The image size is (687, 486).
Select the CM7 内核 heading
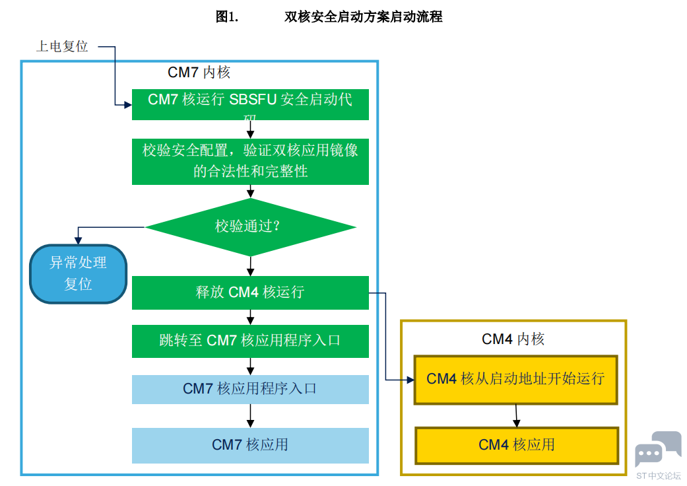pos(199,72)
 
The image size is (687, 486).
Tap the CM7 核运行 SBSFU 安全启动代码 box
pos(250,104)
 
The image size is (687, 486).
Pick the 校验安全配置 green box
pos(250,160)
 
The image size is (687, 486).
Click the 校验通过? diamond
pos(250,227)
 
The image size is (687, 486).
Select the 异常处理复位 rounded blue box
pos(78,273)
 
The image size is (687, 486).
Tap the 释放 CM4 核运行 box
pos(250,293)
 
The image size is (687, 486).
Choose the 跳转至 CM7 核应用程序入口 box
pos(250,341)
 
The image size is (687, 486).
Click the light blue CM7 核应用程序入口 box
pos(250,389)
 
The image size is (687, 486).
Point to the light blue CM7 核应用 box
pos(250,445)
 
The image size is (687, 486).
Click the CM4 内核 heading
pos(513,339)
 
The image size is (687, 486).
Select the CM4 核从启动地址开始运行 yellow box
pos(515,379)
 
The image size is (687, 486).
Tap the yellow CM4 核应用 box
pos(517,445)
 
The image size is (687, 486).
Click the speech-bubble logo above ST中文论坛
pos(657,448)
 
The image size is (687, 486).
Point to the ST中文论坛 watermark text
pos(658,475)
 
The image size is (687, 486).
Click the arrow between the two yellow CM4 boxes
pos(516,415)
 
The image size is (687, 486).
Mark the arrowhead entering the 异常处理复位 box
pos(79,240)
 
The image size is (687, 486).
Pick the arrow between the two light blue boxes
pos(250,415)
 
